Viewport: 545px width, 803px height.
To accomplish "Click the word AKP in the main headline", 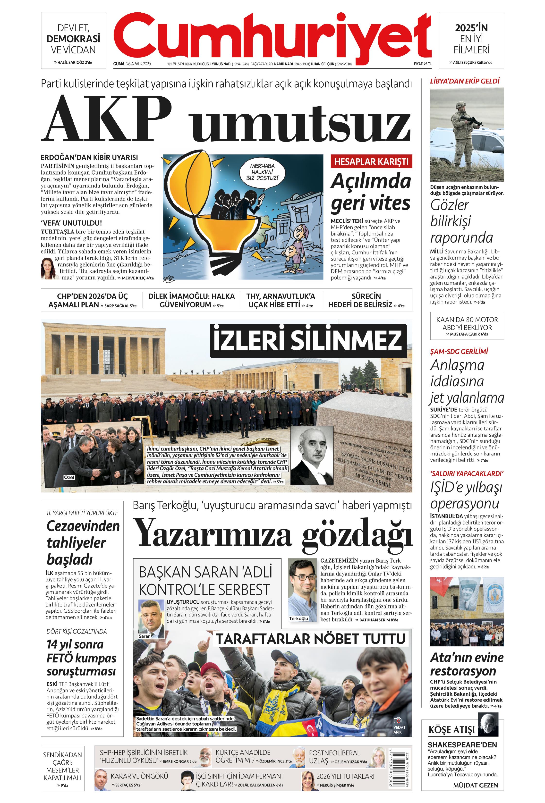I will (x=106, y=118).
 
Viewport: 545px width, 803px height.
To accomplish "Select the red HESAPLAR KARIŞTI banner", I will (x=371, y=162).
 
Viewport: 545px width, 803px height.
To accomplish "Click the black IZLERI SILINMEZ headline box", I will (x=307, y=340).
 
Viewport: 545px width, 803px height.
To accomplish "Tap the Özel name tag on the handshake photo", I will (x=69, y=477).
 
